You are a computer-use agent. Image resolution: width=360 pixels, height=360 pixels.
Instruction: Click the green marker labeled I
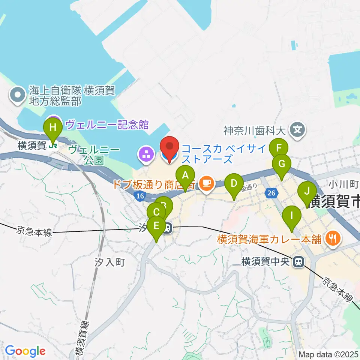coord(291,216)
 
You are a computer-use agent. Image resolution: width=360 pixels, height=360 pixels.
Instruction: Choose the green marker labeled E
coord(156,226)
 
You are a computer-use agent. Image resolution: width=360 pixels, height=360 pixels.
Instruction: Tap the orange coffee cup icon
coord(206,183)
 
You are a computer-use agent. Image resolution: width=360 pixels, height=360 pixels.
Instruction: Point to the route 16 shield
coord(140,195)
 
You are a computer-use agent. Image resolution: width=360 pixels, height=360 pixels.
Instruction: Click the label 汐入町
coord(109,262)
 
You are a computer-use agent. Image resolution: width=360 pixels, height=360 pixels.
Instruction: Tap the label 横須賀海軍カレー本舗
coord(269,239)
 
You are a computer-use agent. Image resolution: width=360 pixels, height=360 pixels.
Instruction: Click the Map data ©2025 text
coord(328,354)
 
